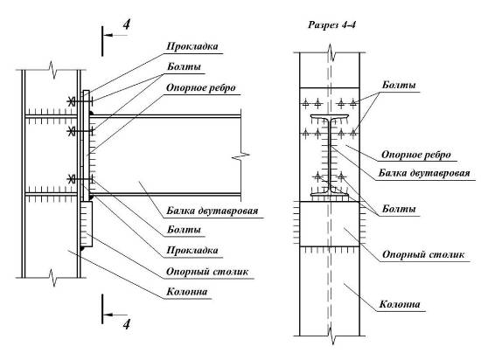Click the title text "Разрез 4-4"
point(332,24)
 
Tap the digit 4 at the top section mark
point(127,24)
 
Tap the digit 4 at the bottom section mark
point(127,324)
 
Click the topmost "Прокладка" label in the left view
point(192,46)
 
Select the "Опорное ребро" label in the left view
point(201,88)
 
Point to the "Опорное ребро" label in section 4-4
point(416,155)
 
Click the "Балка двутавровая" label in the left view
point(213,211)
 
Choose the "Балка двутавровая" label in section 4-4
point(424,173)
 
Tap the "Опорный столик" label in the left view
point(207,272)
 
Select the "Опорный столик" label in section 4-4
point(423,254)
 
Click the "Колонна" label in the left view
point(187,292)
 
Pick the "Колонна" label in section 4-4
point(400,304)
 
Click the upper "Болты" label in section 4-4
point(399,85)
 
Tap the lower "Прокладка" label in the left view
point(192,250)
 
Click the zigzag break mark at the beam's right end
point(241,156)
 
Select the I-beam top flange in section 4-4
point(329,116)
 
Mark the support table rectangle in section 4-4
point(329,224)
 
